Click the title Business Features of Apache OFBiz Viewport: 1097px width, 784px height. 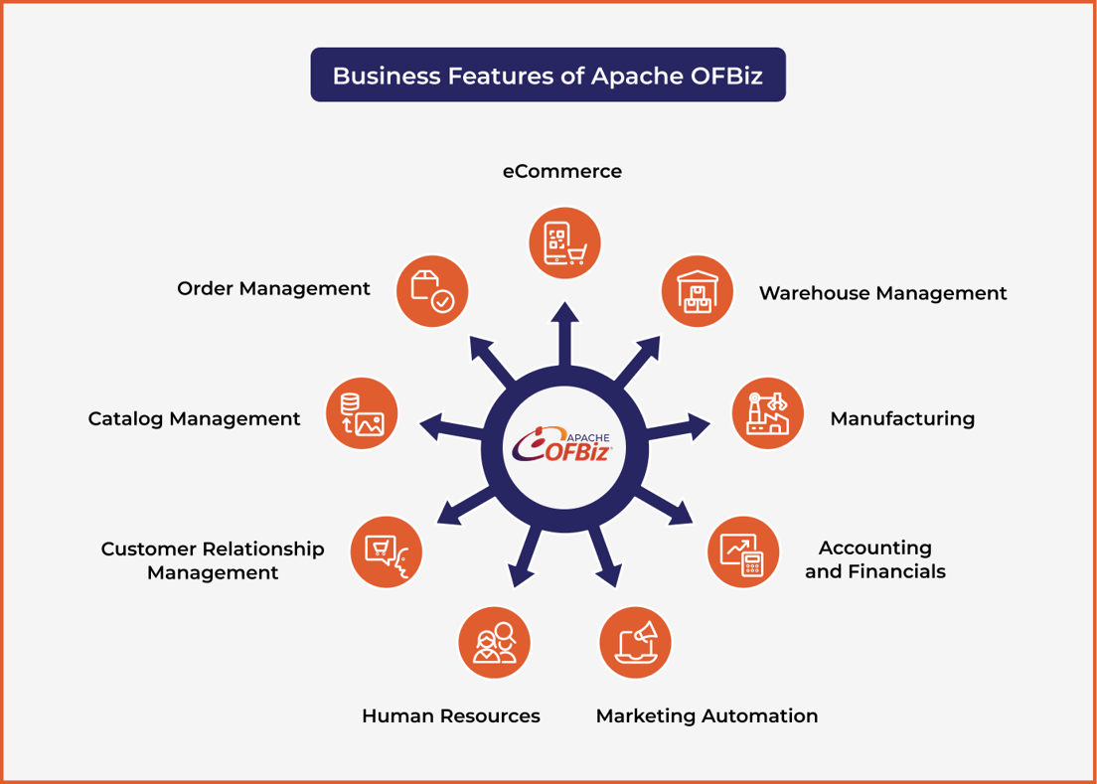click(548, 76)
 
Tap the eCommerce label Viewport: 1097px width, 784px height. click(562, 171)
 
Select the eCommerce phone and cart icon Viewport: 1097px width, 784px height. click(564, 242)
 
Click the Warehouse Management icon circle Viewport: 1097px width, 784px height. click(698, 292)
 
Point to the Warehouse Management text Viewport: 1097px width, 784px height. click(882, 293)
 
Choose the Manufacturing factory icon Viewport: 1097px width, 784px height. click(768, 413)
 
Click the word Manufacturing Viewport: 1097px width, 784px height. click(902, 418)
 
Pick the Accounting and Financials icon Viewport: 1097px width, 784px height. click(743, 552)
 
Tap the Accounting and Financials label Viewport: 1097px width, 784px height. click(874, 559)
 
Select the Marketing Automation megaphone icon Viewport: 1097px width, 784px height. click(635, 642)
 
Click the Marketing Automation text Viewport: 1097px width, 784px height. click(706, 715)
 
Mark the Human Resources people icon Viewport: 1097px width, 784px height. click(494, 642)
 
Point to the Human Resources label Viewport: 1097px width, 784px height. click(450, 715)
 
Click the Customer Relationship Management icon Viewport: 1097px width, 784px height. click(387, 552)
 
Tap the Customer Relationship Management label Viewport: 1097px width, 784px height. click(213, 560)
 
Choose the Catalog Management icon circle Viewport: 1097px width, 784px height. click(362, 413)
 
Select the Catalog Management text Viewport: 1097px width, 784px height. click(194, 418)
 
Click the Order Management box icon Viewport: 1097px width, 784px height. click(432, 291)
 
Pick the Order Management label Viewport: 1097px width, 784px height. click(273, 288)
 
